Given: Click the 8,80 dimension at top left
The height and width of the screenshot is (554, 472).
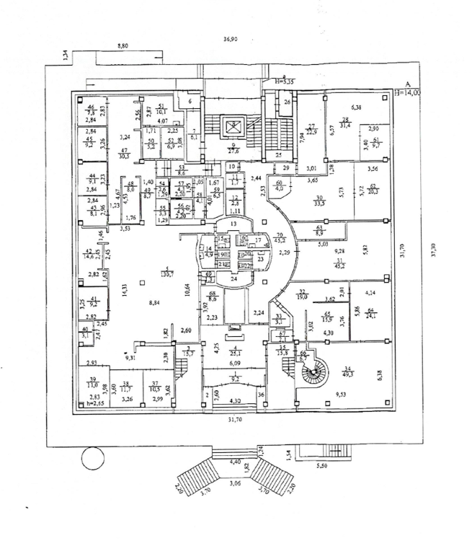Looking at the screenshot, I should point(127,46).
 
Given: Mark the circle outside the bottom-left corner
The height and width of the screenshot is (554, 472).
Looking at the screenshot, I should point(92,457).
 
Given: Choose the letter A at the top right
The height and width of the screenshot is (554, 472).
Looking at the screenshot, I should point(407,84).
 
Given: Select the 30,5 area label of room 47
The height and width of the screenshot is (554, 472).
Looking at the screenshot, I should point(125,155).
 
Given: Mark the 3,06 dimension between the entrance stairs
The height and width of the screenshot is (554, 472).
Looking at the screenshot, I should point(236,483).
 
